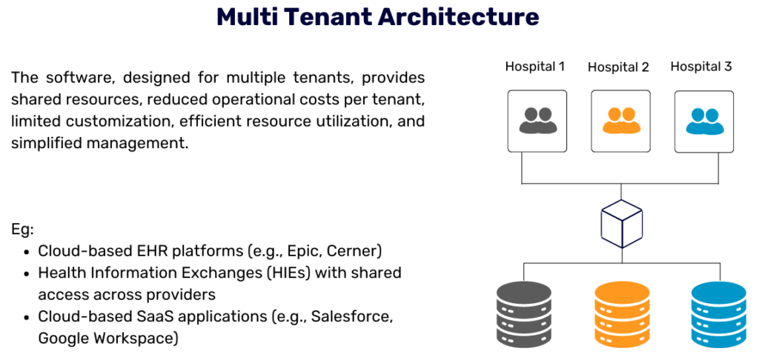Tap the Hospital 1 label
[535, 67]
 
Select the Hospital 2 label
[618, 67]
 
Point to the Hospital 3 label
[701, 67]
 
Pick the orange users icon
[621, 121]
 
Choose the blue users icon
[704, 121]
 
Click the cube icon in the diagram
[621, 223]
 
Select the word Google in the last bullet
[62, 339]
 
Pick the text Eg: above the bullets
[22, 229]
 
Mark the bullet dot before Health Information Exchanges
[27, 273]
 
